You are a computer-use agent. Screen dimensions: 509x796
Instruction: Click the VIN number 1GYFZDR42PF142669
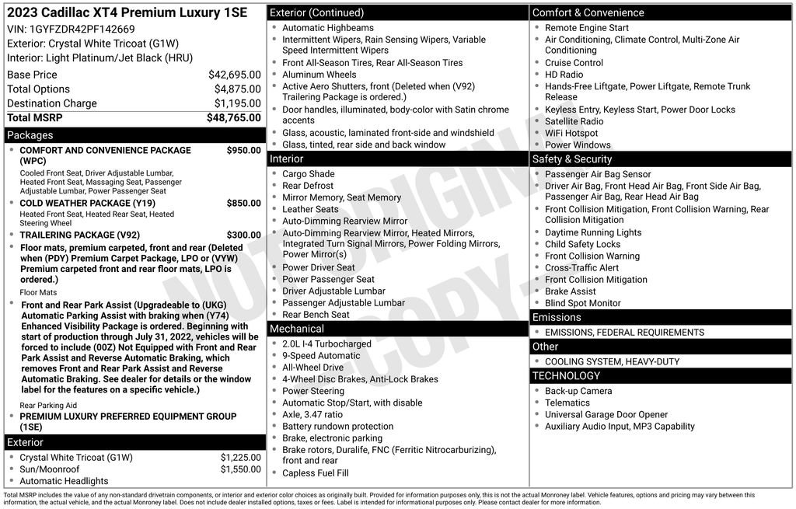pos(81,30)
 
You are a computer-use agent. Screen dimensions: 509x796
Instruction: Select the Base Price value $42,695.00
pos(234,75)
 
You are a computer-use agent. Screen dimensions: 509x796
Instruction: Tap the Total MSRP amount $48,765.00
pos(233,117)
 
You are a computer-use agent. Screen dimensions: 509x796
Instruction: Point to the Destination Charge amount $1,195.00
pos(237,103)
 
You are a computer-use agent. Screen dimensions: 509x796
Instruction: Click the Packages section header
pos(30,135)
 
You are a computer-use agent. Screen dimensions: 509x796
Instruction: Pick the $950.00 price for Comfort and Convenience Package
pos(243,150)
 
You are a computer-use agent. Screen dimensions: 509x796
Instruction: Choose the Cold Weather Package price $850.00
pos(243,204)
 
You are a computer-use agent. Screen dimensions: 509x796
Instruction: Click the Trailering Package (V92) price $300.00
pos(243,235)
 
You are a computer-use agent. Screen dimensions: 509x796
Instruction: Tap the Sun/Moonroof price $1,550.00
pos(240,469)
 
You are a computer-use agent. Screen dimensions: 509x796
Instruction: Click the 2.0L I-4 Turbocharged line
pos(326,343)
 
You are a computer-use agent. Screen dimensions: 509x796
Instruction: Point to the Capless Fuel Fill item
pos(316,472)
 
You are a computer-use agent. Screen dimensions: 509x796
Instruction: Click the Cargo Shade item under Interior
pos(308,174)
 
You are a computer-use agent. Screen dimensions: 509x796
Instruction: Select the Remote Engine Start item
pos(587,28)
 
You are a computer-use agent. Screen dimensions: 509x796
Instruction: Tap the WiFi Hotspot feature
pos(571,133)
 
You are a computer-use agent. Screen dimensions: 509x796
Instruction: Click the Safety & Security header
pos(572,159)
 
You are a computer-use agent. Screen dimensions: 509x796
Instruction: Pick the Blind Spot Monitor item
pos(583,303)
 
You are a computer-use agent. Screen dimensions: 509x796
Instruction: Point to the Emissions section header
pos(557,317)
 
